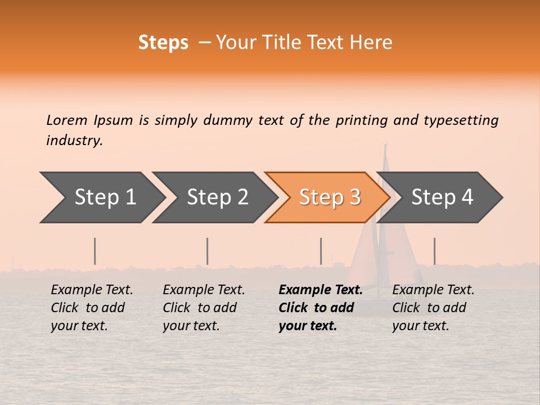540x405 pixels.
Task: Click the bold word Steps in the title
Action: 163,43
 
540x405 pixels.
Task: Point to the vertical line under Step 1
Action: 95,251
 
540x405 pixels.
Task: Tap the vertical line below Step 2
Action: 208,251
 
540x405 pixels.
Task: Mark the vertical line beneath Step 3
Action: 321,251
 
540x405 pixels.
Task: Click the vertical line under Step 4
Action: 434,251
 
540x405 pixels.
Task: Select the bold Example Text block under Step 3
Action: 321,308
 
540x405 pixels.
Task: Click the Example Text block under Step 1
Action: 92,308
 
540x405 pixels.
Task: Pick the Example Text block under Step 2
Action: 204,308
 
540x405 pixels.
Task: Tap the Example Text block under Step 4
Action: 433,308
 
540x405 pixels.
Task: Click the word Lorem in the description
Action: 66,120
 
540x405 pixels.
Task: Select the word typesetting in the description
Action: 461,120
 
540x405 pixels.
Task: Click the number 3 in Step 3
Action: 354,197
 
